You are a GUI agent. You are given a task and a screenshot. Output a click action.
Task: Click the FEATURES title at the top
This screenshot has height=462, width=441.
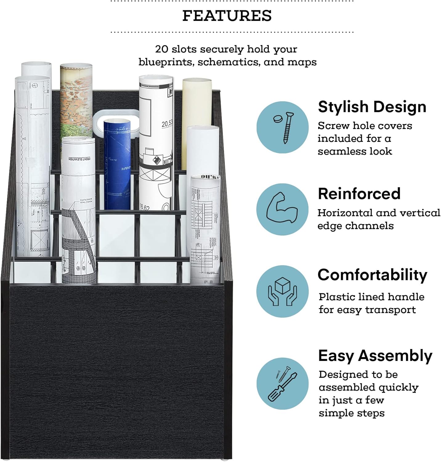pos(227,16)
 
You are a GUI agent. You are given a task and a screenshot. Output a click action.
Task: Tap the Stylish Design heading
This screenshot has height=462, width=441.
pos(372,107)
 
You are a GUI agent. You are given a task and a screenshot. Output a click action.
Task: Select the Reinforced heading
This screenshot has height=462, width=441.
pos(359,194)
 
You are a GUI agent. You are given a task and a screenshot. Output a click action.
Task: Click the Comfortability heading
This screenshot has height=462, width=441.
pos(372,275)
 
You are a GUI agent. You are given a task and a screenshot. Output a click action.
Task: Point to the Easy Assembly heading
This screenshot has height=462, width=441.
pos(375,356)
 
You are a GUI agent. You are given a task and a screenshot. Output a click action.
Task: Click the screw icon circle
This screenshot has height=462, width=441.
pos(282,128)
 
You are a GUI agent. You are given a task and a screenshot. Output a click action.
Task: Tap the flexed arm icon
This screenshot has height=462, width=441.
pos(282,209)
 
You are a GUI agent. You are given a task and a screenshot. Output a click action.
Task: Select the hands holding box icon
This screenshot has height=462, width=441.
pos(282,291)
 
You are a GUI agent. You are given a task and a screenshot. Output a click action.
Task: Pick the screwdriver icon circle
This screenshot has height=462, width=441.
pos(282,383)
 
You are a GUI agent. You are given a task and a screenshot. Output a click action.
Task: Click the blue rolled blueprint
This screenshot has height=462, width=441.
pos(117,163)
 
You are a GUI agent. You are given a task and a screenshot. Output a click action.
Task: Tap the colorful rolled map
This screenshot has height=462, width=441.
pos(76,102)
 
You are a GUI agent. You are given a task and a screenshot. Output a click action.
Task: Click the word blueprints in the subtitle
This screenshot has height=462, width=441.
pos(165,62)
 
